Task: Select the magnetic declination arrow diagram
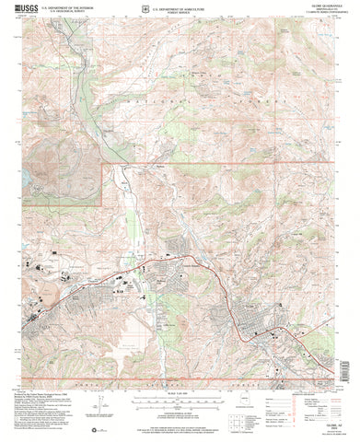tap(113, 405)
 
